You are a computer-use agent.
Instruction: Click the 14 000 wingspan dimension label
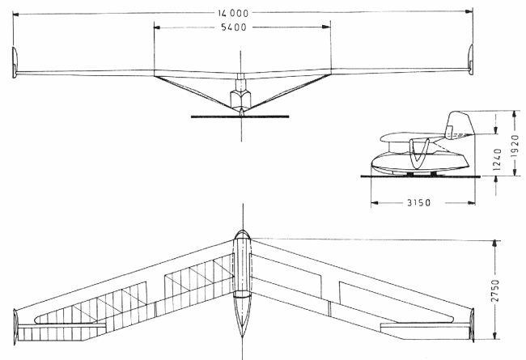[233, 13]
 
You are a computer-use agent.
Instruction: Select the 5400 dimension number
[234, 28]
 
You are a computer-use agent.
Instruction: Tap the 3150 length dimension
[418, 202]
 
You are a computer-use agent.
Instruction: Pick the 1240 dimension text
[498, 159]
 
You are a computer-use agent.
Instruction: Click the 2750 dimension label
[495, 290]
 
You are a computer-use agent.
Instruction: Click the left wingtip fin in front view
[15, 62]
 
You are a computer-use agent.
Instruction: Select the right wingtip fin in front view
[470, 58]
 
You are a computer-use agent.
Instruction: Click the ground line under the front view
[240, 116]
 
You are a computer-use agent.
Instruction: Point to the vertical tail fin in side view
[460, 124]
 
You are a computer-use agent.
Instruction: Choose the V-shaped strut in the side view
[418, 154]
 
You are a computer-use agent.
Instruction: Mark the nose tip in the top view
[242, 231]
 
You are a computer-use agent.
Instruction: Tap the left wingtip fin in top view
[15, 327]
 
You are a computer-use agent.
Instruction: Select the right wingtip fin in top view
[472, 324]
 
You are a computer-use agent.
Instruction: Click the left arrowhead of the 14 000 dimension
[16, 15]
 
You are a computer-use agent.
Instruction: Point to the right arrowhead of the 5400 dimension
[326, 27]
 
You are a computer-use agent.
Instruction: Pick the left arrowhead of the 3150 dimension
[375, 202]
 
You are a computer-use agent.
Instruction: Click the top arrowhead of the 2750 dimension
[494, 244]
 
